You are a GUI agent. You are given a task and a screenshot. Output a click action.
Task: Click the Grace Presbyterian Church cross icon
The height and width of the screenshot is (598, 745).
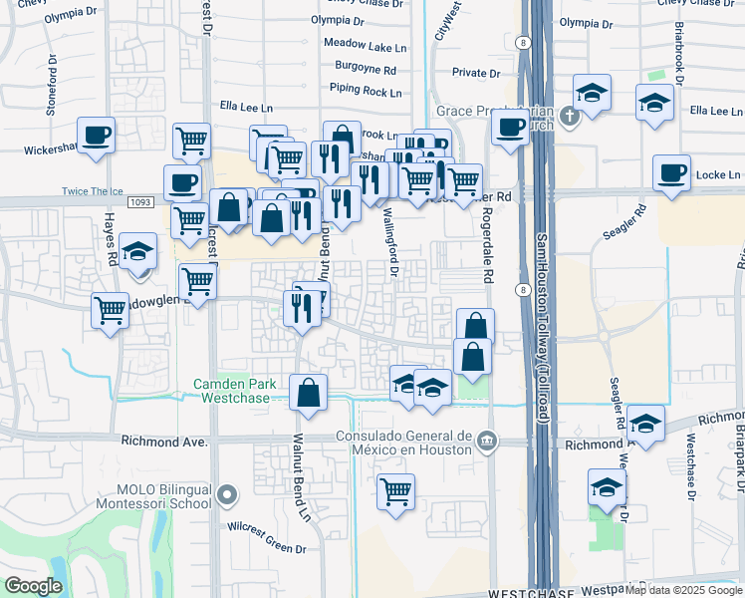[569, 116]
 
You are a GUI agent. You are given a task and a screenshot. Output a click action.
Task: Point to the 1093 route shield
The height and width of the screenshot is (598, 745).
[139, 202]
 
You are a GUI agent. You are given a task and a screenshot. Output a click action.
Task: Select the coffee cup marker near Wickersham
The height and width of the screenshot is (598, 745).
[97, 135]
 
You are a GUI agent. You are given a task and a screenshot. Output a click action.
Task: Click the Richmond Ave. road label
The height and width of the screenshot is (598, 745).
[162, 440]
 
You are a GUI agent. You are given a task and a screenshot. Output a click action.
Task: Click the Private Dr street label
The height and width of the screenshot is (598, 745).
[475, 73]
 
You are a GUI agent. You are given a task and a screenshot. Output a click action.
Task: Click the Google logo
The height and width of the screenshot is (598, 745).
[33, 586]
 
